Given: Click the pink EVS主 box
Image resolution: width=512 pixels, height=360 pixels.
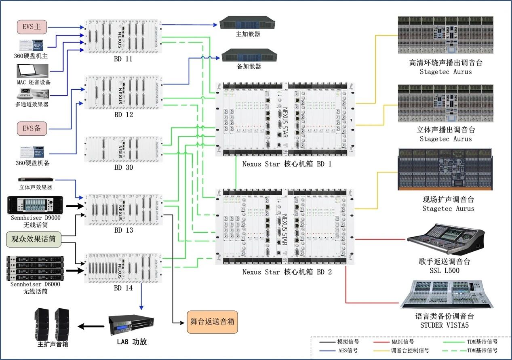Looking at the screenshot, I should [32, 27].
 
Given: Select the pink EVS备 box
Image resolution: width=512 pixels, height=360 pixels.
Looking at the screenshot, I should [32, 128].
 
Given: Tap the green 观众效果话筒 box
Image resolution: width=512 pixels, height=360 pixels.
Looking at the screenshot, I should [34, 239].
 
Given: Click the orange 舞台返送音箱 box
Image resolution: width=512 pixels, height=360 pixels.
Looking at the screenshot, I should [212, 322].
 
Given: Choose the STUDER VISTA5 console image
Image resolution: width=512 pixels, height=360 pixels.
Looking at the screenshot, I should [446, 294].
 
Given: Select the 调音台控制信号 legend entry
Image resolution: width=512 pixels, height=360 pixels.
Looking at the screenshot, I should [410, 351].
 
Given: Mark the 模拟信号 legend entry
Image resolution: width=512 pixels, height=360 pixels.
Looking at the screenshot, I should [348, 342].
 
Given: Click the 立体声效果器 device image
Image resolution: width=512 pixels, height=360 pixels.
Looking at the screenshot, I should [36, 180].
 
